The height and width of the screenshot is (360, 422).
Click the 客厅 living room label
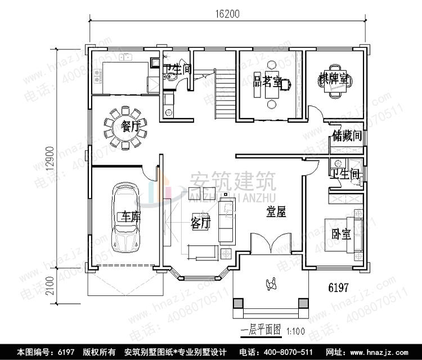pyautogui.click(x=201, y=223)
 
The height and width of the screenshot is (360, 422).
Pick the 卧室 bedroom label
pyautogui.click(x=341, y=234)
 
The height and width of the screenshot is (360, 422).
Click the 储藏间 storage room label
pyautogui.click(x=347, y=136)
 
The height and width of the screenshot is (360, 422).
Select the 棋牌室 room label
pyautogui.click(x=335, y=79)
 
